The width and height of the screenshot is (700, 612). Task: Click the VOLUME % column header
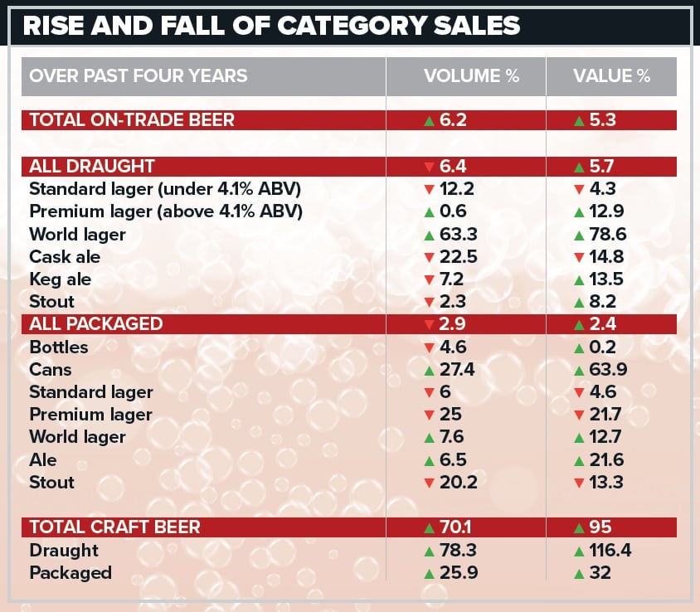coord(471,76)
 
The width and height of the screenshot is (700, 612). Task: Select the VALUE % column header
coord(612,76)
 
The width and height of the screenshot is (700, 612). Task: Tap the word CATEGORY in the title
coord(369,25)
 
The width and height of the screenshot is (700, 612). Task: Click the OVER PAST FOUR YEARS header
coord(138,76)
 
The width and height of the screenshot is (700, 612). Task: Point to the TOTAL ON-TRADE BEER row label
coord(132,120)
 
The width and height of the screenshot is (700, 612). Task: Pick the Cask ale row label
coord(65,257)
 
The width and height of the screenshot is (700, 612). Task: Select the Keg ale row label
coord(60,279)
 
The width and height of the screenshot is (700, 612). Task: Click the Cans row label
coord(51,370)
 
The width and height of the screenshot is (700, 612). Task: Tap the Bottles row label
coord(58,347)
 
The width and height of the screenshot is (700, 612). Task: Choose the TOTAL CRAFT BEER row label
coord(114,527)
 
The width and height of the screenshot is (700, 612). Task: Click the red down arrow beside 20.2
coord(429,483)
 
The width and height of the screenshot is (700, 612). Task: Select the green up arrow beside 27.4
coord(429,370)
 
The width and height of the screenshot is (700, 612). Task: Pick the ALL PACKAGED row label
coord(96,324)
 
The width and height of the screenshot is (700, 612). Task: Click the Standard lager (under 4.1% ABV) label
coord(164,189)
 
